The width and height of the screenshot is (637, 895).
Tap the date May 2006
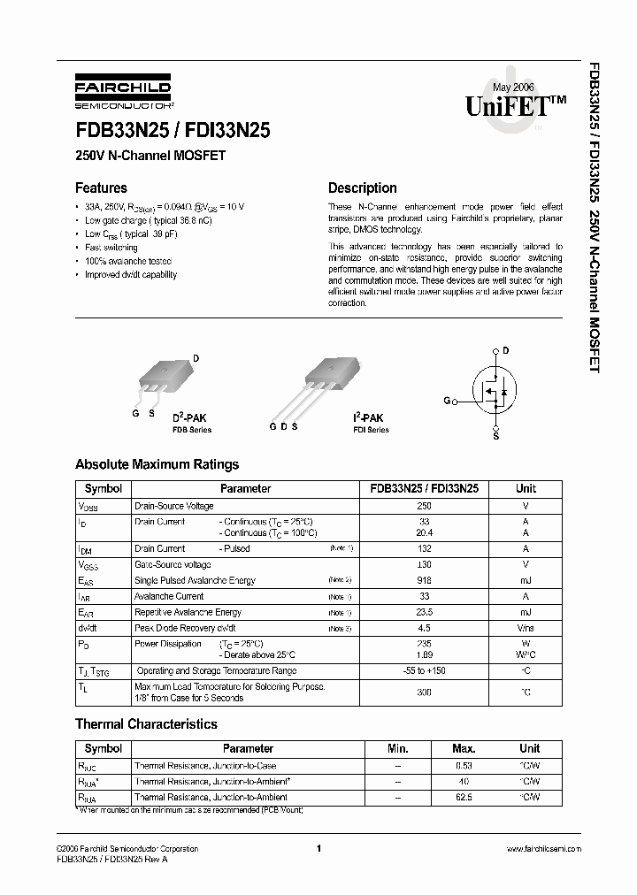click(x=513, y=87)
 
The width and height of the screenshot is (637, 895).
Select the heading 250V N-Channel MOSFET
click(x=150, y=157)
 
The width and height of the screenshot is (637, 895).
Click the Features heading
click(x=101, y=187)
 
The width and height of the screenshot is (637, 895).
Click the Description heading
click(x=362, y=187)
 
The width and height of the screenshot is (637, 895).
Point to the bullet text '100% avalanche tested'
click(x=128, y=261)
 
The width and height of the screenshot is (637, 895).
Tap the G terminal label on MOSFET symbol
click(x=448, y=401)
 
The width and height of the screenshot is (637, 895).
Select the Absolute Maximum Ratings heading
click(x=157, y=464)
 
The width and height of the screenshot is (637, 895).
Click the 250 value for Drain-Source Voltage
click(x=424, y=506)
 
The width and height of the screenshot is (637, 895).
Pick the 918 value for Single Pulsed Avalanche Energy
click(x=424, y=580)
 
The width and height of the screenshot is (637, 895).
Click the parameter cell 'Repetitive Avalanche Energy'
click(x=188, y=612)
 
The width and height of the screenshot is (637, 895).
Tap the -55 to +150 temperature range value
click(x=424, y=671)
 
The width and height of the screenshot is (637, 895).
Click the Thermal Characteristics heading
click(x=146, y=724)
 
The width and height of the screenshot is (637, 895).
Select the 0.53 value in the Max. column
click(x=463, y=766)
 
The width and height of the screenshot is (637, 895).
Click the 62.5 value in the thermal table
click(x=463, y=797)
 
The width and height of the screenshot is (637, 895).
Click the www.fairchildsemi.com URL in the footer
click(x=543, y=848)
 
